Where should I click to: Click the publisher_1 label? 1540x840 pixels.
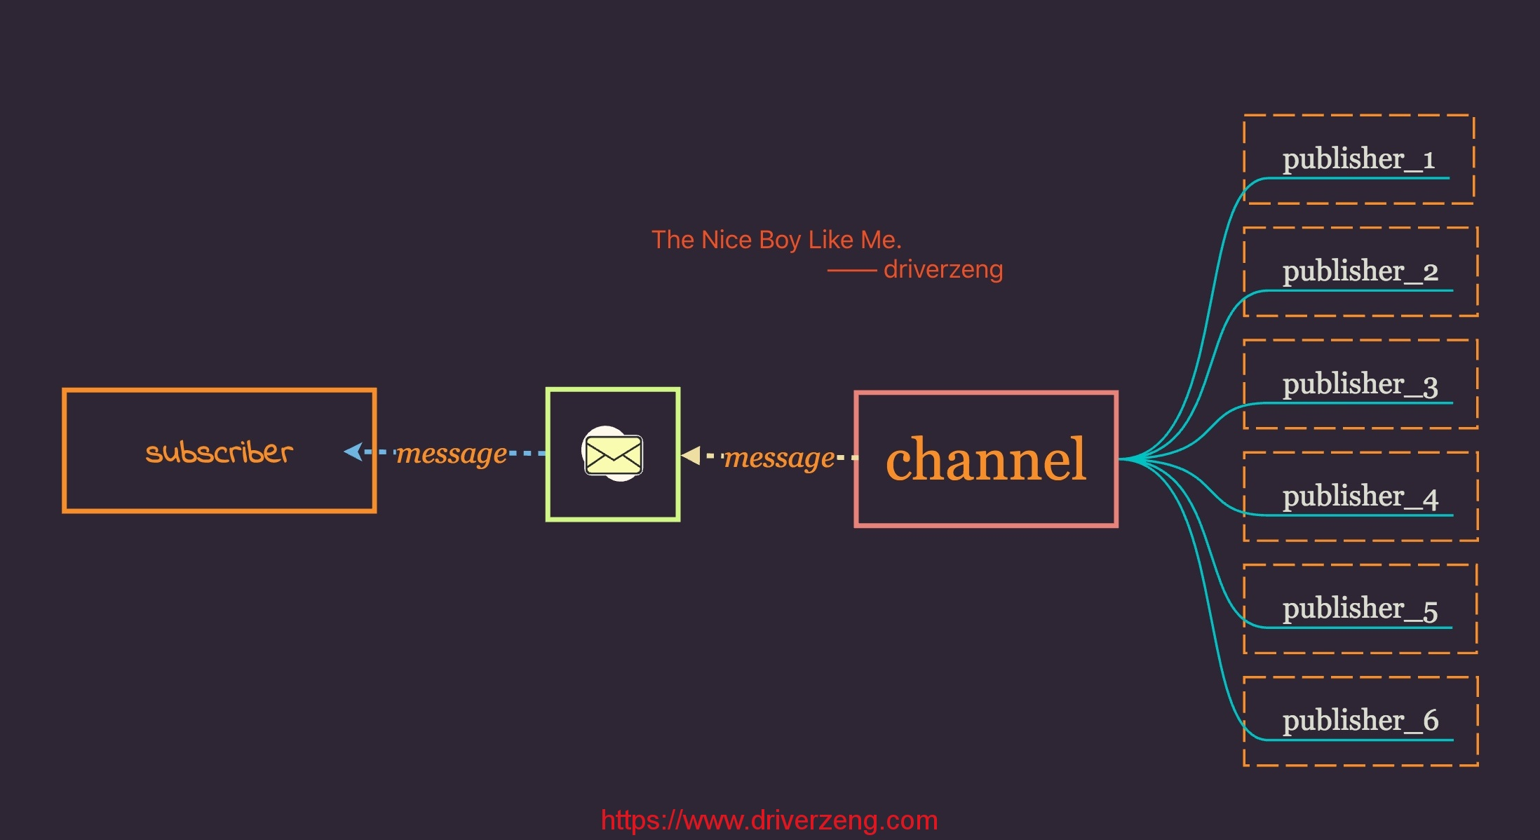coord(1358,160)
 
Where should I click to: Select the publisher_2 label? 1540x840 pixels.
coord(1360,272)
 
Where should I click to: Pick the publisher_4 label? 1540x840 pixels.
coord(1360,497)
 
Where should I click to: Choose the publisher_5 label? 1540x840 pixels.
coord(1360,609)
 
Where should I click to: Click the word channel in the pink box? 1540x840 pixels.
coord(986,459)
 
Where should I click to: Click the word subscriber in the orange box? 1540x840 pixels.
coord(219,452)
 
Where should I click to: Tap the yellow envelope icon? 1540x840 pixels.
coord(613,454)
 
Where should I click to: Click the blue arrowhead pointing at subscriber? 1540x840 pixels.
coord(353,452)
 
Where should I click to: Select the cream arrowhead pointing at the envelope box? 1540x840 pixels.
coord(691,456)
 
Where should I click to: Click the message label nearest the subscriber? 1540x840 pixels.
coord(452,454)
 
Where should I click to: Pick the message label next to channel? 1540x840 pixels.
coord(780,459)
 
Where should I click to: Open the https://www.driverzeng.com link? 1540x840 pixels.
coord(769,820)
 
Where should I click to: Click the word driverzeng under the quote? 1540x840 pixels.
coord(943,269)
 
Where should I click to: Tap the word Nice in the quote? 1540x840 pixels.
coord(727,240)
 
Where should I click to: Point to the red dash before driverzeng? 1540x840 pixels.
coord(852,271)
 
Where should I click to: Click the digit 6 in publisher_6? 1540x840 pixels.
coord(1431,721)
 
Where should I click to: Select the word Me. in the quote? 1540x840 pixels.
coord(882,240)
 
